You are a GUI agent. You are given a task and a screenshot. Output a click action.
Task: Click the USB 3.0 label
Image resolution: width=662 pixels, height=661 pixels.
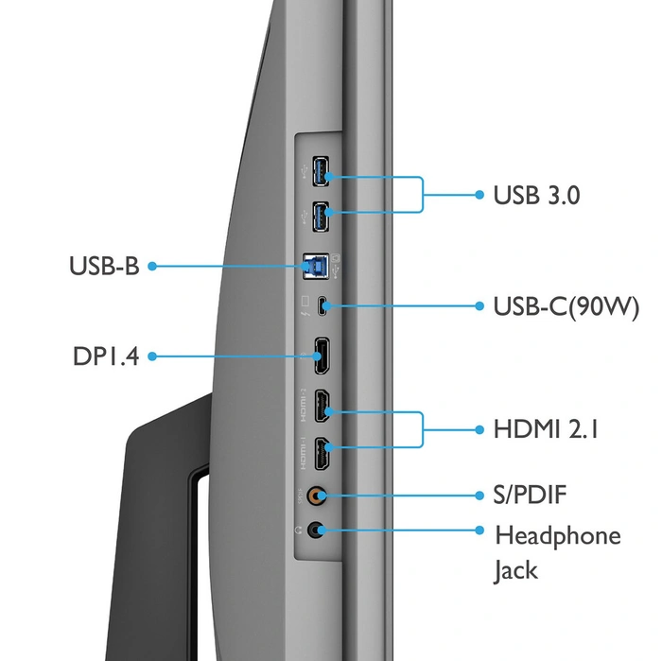click(x=536, y=196)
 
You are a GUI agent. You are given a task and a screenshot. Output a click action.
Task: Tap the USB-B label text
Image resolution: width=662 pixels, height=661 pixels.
click(x=104, y=267)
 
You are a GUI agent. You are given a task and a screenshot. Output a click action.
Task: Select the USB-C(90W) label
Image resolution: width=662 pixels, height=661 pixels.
click(x=566, y=306)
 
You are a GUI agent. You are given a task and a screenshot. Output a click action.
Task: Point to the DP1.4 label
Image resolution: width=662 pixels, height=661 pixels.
click(x=106, y=357)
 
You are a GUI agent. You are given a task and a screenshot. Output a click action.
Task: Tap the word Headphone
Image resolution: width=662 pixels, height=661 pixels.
click(x=558, y=535)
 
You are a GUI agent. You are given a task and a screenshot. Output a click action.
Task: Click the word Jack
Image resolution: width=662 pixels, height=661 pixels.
click(x=516, y=570)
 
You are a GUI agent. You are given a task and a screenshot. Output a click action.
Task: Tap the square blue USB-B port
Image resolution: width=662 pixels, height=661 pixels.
click(x=313, y=268)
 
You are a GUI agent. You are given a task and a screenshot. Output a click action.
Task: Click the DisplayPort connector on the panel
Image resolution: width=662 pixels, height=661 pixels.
click(x=322, y=357)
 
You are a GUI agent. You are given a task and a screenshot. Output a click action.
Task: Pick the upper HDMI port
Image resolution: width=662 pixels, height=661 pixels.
click(x=322, y=409)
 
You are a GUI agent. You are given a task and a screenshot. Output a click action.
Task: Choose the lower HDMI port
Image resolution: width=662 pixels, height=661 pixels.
click(x=322, y=456)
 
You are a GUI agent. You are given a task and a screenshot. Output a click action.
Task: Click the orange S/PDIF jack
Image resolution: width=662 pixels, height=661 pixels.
click(x=321, y=495)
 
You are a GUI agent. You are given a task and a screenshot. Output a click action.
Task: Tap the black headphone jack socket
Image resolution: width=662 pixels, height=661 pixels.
click(x=321, y=531)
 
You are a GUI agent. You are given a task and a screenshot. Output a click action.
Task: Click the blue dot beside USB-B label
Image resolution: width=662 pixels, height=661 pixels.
click(x=151, y=267)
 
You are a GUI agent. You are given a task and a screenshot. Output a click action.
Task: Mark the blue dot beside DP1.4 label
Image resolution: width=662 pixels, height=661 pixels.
click(x=151, y=357)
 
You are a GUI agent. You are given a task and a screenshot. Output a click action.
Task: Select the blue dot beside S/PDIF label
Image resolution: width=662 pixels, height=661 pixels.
click(x=479, y=495)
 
